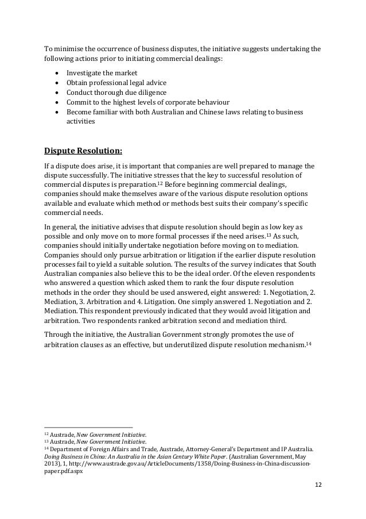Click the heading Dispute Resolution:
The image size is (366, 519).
[83, 152]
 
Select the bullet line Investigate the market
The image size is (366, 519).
[98, 74]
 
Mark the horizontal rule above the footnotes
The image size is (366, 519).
[88, 427]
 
